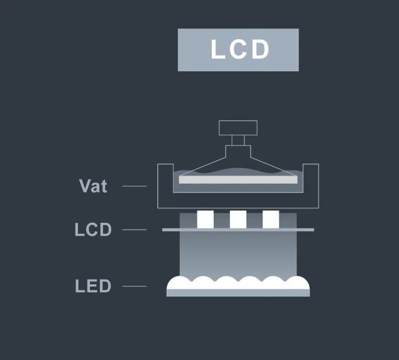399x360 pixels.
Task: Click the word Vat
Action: click(x=93, y=186)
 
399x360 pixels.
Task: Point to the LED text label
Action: click(x=93, y=286)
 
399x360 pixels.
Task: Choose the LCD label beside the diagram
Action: click(x=93, y=230)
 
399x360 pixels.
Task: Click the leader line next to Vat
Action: click(x=135, y=186)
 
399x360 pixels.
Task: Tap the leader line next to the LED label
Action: click(x=135, y=286)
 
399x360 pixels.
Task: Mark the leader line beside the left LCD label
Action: click(x=135, y=230)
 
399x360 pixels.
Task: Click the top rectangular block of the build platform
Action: click(x=238, y=128)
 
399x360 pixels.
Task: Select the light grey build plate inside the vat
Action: click(x=238, y=180)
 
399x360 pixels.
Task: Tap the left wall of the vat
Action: click(x=165, y=186)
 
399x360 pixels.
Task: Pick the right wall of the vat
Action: click(x=311, y=186)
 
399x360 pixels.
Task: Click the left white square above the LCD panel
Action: click(x=205, y=219)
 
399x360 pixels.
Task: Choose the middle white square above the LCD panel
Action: click(x=238, y=219)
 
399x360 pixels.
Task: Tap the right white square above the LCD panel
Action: click(x=271, y=219)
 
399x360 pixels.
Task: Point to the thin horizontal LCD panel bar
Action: click(x=238, y=230)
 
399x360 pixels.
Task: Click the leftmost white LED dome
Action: click(x=179, y=283)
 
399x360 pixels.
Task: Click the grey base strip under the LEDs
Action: click(x=238, y=293)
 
